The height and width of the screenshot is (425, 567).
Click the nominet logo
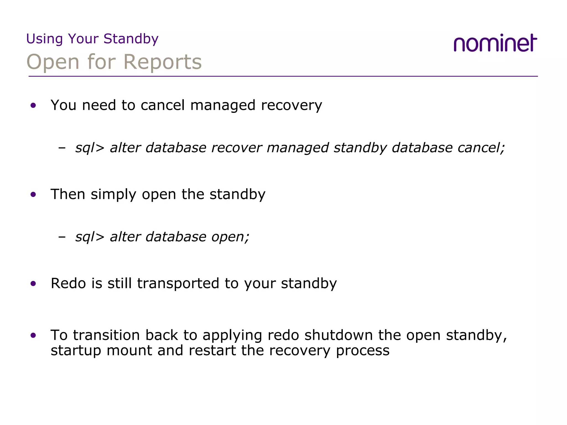tap(495, 43)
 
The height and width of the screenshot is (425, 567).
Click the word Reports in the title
tap(163, 62)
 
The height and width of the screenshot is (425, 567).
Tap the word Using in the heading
tap(45, 39)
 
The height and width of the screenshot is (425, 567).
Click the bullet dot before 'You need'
tap(33, 105)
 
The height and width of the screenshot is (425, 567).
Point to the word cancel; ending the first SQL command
tap(481, 147)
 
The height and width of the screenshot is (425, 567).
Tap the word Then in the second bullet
tap(68, 194)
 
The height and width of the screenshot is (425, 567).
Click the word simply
tap(114, 195)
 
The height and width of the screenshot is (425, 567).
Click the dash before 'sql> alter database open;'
tap(62, 237)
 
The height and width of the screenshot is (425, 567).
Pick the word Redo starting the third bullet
tap(68, 283)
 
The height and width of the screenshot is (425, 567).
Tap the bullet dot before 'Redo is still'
tap(33, 284)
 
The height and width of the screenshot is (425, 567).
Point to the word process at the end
tap(363, 351)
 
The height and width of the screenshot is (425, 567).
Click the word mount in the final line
tap(129, 351)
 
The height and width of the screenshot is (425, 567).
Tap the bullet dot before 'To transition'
tap(33, 336)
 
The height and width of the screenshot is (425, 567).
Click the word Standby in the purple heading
tap(131, 39)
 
